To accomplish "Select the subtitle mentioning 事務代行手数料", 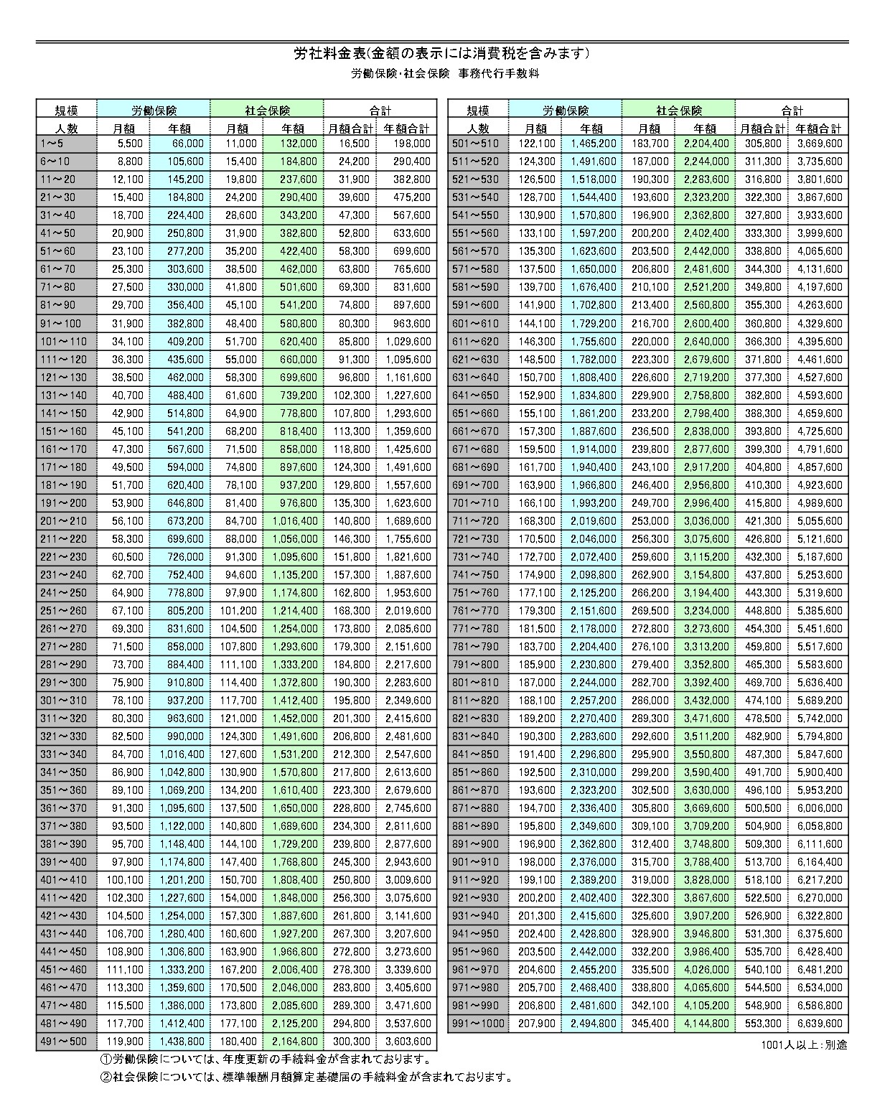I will pos(444,73).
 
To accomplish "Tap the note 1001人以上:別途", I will pos(804,1044).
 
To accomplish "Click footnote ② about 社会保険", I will pos(305,1077).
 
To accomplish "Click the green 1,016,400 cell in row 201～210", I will pos(294,521).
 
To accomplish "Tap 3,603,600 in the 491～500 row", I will pos(408,1042).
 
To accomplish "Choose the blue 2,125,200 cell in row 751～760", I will pos(594,593).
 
